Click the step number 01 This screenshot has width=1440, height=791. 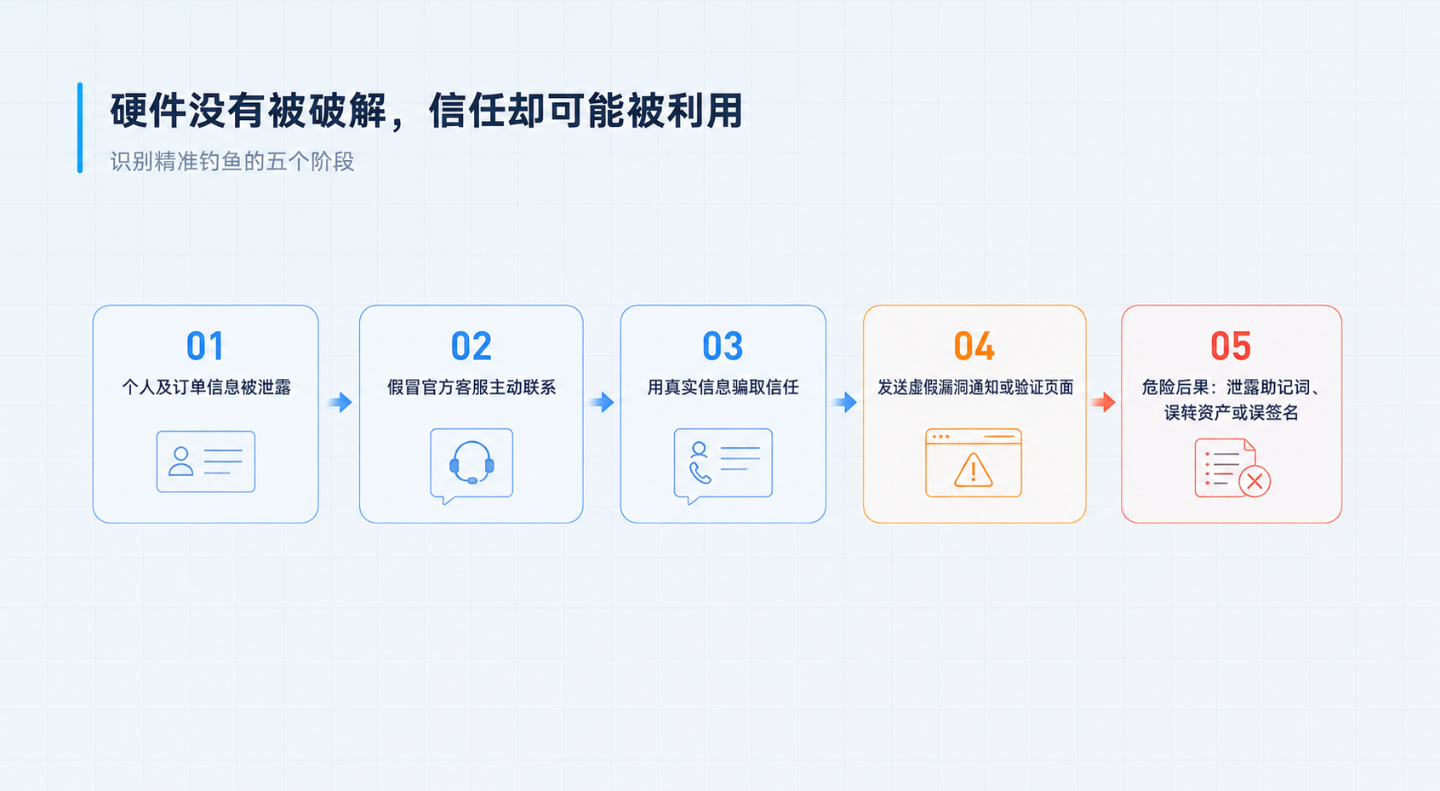[205, 346]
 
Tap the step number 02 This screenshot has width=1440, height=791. [471, 346]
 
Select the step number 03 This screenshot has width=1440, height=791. [723, 346]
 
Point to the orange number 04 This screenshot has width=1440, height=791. [974, 346]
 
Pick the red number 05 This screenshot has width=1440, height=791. [1231, 346]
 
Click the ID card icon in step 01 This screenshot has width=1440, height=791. [206, 461]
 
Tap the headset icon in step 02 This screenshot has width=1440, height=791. [471, 462]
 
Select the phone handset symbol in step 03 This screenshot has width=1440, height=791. [700, 473]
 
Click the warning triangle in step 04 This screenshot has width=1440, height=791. [974, 470]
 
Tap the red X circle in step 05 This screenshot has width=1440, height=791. [1254, 481]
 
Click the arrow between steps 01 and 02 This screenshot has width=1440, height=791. [340, 402]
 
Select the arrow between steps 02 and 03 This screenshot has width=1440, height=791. [602, 402]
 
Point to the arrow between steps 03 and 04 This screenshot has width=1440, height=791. [845, 402]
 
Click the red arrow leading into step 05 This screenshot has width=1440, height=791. [1103, 402]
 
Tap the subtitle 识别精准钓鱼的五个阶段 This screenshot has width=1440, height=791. [232, 162]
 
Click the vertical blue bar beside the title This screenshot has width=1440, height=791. [80, 128]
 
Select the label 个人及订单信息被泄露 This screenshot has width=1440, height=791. [206, 387]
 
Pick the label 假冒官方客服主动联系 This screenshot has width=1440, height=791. [471, 387]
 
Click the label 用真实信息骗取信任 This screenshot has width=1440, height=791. [723, 387]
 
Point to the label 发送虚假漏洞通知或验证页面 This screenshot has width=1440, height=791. [975, 387]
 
